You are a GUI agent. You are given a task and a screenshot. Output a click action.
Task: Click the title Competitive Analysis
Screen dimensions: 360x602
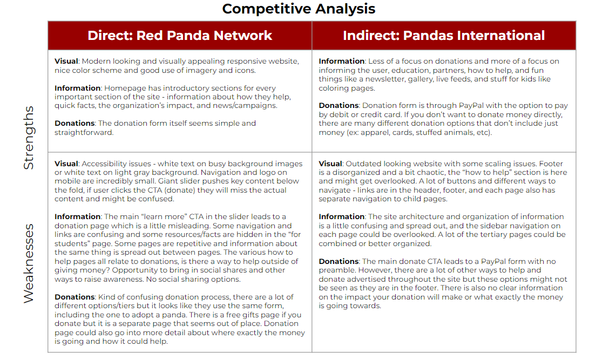pos(299,9)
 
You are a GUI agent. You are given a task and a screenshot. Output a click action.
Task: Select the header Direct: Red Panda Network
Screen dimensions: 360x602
pos(180,36)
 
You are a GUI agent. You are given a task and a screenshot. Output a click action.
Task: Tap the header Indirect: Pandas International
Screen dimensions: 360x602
pos(444,36)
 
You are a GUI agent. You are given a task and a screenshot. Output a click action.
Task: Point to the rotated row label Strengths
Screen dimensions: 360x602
pos(29,138)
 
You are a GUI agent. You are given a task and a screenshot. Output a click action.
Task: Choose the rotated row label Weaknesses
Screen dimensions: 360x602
pos(29,263)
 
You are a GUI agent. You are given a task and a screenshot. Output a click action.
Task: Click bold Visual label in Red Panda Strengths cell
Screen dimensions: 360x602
pos(66,61)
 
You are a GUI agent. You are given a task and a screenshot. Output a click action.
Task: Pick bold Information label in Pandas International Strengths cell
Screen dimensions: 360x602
pos(341,61)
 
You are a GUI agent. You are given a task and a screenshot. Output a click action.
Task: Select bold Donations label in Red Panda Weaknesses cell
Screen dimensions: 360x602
pos(75,297)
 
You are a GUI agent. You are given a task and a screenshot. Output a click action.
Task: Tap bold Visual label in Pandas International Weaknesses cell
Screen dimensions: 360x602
pos(330,164)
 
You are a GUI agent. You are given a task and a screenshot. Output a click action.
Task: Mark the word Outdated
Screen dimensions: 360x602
pos(365,164)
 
